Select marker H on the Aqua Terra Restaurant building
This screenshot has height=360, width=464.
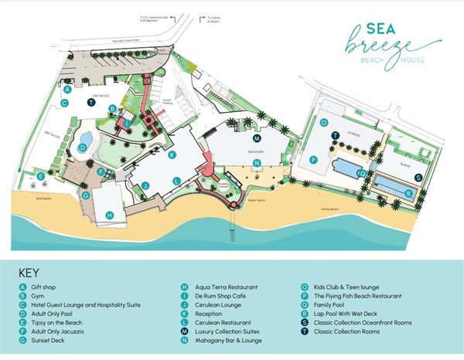109,215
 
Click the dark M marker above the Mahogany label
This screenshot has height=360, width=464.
256,138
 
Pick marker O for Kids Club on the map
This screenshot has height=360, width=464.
324,122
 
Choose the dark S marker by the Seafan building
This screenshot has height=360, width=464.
418,177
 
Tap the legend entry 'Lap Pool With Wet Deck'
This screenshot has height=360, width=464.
349,313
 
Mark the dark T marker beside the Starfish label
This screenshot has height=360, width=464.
335,135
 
